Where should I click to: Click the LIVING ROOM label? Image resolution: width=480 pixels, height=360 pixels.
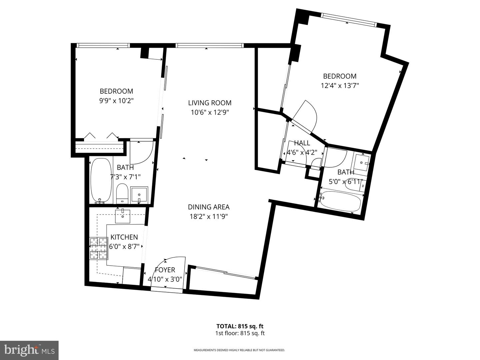point(210,103)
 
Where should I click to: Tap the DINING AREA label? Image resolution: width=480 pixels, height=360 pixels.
point(209,207)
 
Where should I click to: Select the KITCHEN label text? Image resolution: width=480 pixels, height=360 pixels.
point(124,237)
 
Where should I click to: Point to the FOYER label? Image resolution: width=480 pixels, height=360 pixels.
point(165,270)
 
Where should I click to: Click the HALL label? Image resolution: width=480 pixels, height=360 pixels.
point(302,143)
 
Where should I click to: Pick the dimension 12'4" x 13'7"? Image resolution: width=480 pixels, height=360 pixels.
point(340,86)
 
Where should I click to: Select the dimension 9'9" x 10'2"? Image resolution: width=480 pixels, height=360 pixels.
point(116,101)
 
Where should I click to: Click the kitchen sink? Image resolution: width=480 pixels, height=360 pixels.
point(123,216)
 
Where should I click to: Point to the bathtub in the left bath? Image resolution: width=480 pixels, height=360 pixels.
point(101,180)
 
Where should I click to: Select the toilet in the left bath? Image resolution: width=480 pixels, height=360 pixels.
point(122,193)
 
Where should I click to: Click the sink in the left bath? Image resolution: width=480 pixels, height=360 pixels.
point(138,195)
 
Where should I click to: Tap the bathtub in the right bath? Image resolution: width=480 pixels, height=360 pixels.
point(340,202)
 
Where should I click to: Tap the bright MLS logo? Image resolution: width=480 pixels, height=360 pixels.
point(29,350)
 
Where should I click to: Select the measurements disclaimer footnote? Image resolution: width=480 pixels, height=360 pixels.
point(239,350)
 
